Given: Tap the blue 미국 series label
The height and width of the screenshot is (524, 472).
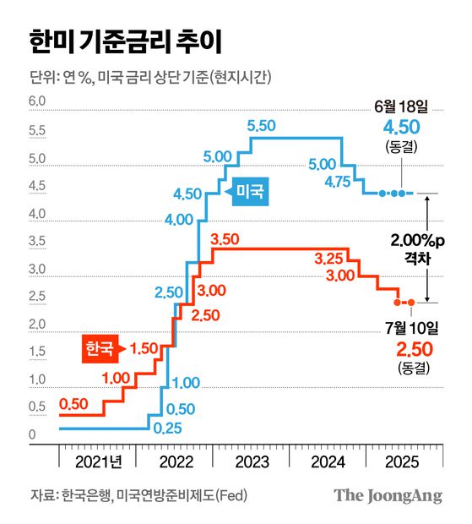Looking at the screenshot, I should [251, 193].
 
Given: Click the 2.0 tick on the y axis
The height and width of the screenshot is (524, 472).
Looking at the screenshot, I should [37, 325].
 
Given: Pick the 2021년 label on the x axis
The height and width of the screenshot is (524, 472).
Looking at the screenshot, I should [99, 462].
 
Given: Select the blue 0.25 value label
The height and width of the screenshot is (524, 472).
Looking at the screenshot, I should [169, 428].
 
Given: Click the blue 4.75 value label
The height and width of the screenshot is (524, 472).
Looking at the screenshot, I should [338, 180].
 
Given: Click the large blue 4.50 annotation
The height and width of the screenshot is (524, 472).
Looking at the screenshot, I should [401, 128].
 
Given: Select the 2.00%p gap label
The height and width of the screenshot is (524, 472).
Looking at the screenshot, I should [414, 241].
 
